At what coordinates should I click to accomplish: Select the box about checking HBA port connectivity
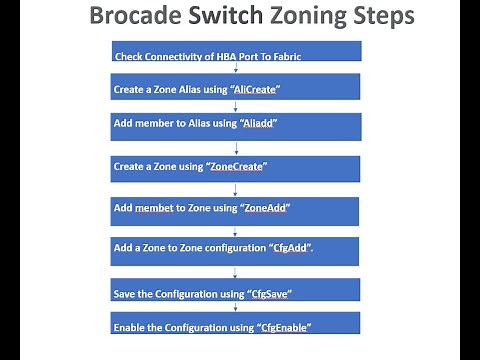coord(235,52)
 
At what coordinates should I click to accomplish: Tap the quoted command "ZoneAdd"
coord(264,208)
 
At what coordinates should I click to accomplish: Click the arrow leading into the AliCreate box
coord(235,68)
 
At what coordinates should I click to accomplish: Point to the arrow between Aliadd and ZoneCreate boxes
coord(235,147)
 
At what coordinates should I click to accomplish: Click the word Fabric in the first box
coord(281,57)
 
